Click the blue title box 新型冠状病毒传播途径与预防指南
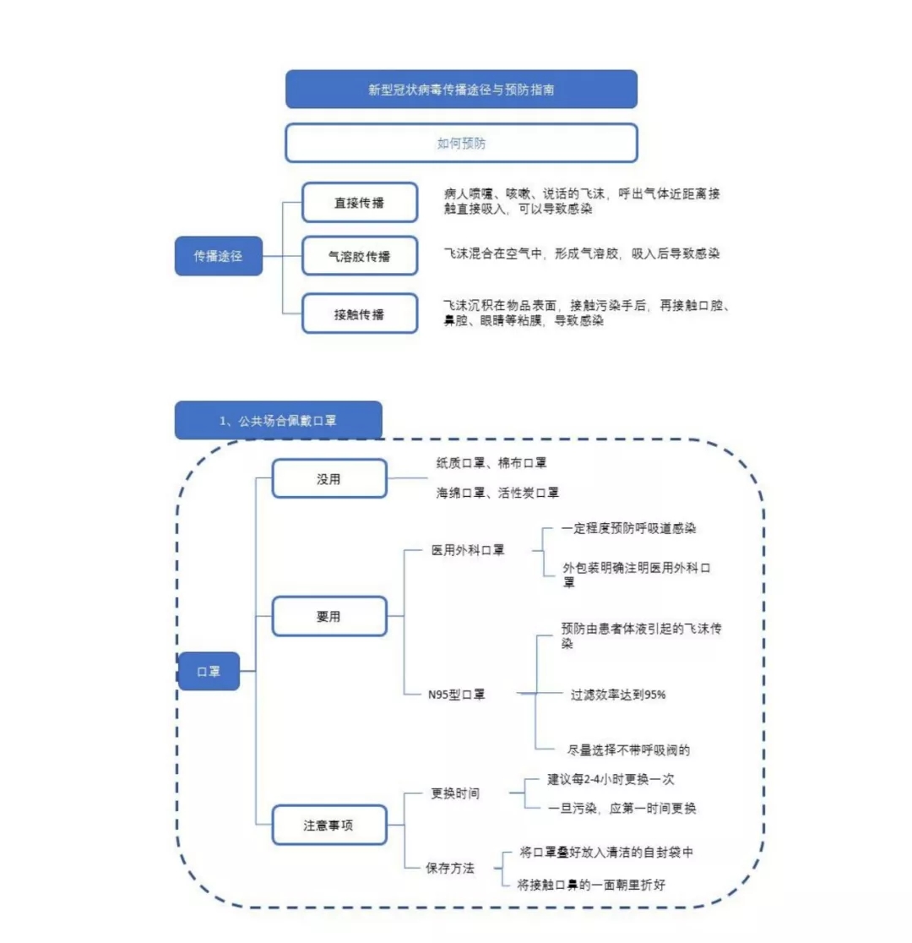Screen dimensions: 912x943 tap(461, 89)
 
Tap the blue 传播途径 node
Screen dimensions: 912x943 tap(218, 256)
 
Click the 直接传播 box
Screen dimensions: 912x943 tap(360, 203)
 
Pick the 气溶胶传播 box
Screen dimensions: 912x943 tap(360, 256)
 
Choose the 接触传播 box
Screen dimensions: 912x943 tap(360, 313)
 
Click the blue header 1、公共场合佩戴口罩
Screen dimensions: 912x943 tap(279, 420)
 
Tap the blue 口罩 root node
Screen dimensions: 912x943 tap(209, 671)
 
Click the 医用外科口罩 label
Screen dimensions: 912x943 tap(468, 550)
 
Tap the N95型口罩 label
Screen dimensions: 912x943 tap(456, 695)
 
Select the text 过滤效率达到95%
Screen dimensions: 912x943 tap(618, 695)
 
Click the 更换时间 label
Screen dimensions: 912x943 tap(455, 793)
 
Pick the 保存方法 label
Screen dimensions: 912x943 tap(450, 868)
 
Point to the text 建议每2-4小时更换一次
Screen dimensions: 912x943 tap(611, 779)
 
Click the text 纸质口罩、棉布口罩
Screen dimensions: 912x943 tap(491, 462)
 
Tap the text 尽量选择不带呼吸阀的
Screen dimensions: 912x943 tap(629, 750)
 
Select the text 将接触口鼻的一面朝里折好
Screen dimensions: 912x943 tap(591, 885)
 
